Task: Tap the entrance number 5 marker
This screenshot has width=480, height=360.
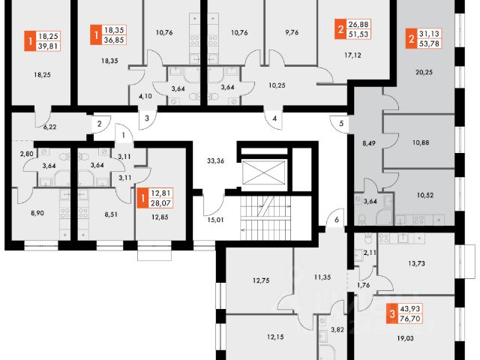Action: click(340, 124)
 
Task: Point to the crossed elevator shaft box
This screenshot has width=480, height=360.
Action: click(262, 172)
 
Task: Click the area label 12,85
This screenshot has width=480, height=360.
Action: click(160, 218)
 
